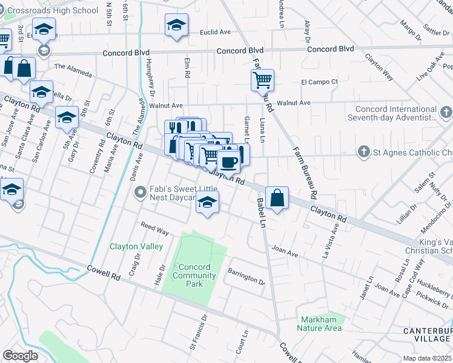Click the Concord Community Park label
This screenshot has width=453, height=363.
(x=194, y=275)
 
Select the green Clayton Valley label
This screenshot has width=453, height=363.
(x=136, y=246)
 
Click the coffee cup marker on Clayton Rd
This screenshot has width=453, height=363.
(x=229, y=162)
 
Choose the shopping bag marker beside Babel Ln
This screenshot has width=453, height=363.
(x=276, y=198)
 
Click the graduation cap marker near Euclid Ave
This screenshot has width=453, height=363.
(x=176, y=25)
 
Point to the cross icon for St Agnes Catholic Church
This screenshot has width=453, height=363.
(x=363, y=151)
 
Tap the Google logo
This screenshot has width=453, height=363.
(x=20, y=356)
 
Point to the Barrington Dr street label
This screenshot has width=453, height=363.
(x=246, y=277)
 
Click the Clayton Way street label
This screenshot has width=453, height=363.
(x=379, y=67)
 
